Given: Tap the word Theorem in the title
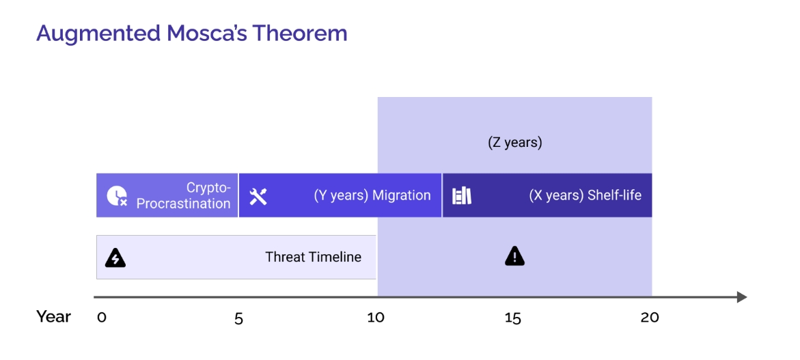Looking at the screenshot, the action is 299,33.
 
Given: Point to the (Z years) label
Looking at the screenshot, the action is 515,142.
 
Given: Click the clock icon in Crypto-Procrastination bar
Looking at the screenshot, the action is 117,196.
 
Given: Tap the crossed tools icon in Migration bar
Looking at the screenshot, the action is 258,196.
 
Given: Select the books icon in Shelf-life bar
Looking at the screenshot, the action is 462,196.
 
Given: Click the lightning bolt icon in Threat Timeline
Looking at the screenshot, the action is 115,258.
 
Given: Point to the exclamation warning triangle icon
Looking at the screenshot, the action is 515,256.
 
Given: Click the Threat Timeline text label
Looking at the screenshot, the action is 314,257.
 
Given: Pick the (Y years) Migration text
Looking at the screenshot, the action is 372,196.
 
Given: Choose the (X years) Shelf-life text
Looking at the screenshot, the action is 585,196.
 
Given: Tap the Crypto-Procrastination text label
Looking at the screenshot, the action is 183,196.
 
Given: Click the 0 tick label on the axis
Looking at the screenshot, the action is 102,318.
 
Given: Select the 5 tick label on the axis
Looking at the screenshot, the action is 239,318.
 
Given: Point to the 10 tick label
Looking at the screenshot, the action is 376,318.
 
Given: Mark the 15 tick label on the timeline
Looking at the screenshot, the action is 513,318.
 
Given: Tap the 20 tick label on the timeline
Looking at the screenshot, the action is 650,318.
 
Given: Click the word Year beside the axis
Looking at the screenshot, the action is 53,317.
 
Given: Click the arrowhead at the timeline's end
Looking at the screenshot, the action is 742,296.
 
